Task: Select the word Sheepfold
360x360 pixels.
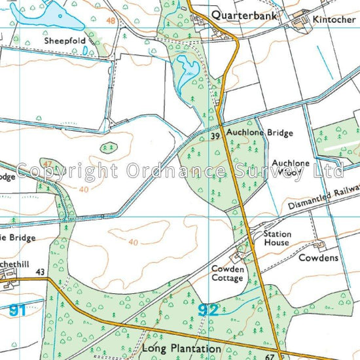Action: point(65,41)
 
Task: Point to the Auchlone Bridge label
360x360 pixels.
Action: point(260,133)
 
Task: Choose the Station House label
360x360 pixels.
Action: point(276,238)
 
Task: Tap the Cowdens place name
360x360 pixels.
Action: point(318,258)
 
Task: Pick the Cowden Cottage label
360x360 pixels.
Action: point(227,274)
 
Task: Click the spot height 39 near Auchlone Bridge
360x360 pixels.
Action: point(215,136)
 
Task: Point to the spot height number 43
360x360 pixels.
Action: point(41,272)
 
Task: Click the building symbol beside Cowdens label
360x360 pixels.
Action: point(319,245)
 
